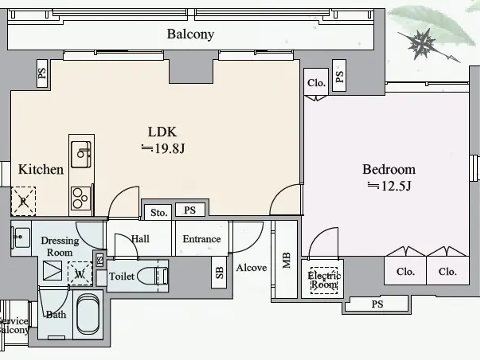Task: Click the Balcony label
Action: coord(190,34)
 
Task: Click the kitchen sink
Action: coord(81,155)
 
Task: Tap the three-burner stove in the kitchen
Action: coord(81,198)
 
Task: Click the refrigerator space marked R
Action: coord(23,201)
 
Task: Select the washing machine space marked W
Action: coord(80,274)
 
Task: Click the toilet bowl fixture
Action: coord(151,276)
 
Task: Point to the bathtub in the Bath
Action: coord(88,314)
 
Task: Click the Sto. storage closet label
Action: coord(158,213)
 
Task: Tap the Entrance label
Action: coord(202,239)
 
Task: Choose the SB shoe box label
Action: coord(219,272)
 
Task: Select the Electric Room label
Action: coord(324,280)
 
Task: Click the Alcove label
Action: coord(251,267)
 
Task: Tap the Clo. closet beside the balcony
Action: coord(316,83)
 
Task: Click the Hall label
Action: coord(141,239)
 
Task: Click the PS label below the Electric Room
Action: coord(377,304)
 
